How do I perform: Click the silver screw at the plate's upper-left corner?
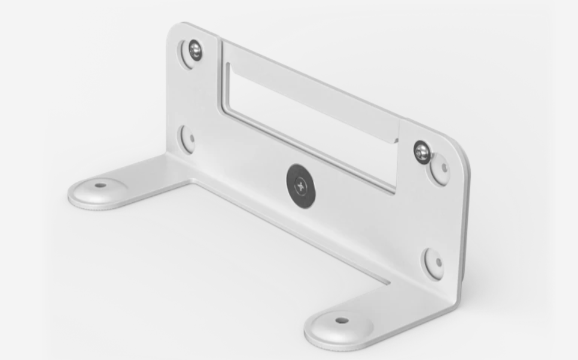click(194, 50)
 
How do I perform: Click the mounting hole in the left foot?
click(100, 185)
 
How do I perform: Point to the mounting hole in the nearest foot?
click(342, 321)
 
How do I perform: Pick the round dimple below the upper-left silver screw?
click(187, 139)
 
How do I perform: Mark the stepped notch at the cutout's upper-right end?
click(398, 139)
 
